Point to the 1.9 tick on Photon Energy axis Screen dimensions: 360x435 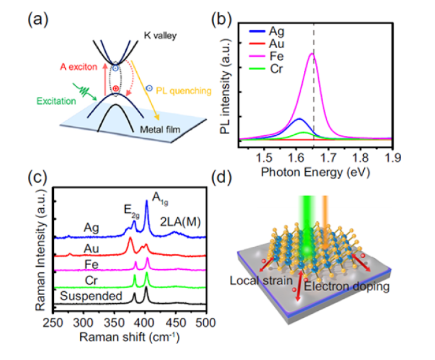coord(392,156)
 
